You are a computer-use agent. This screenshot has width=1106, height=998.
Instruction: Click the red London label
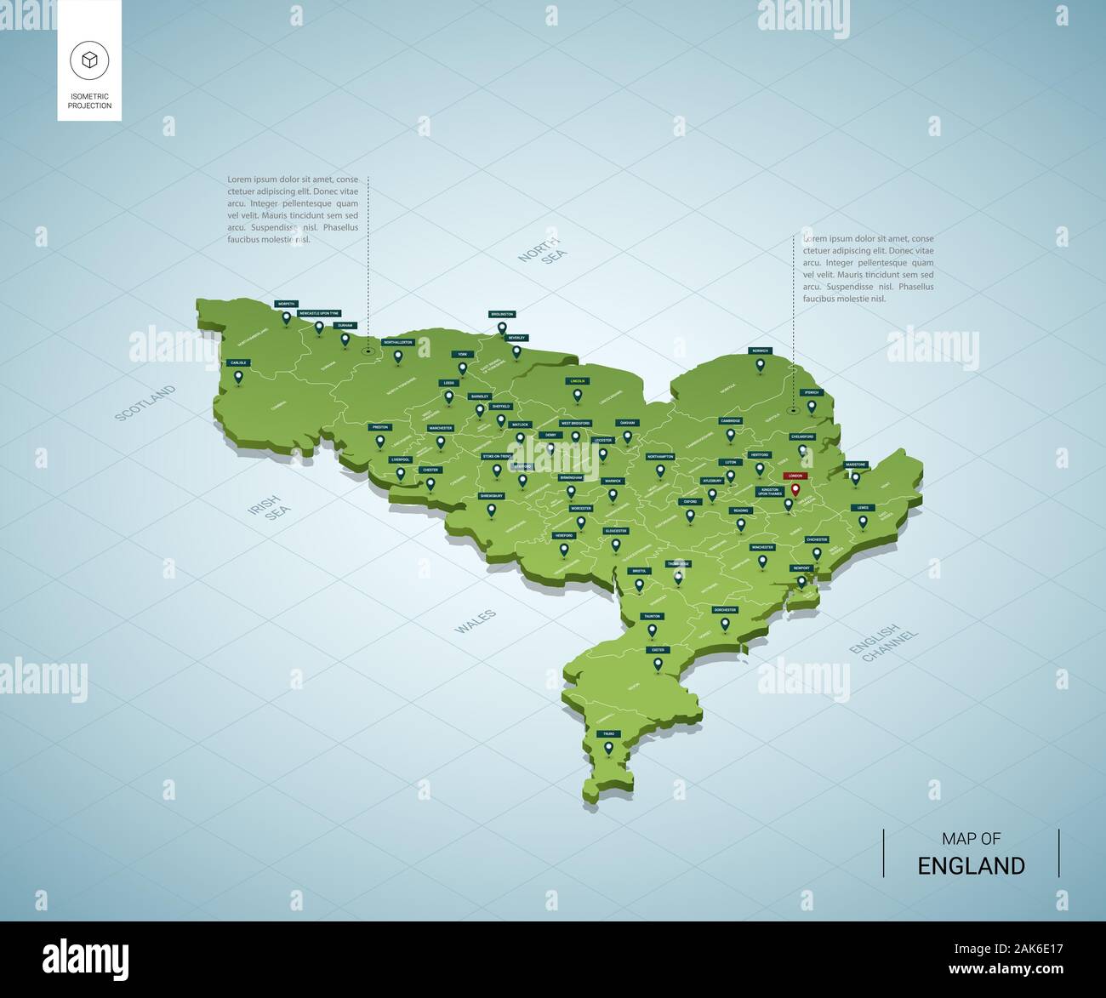[x=795, y=476]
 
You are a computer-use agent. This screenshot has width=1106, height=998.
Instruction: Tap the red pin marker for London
[x=795, y=489]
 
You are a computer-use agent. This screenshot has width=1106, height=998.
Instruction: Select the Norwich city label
[x=760, y=351]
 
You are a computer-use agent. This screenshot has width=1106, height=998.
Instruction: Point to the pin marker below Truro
[x=608, y=748]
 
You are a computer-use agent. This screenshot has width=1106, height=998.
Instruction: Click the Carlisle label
[x=239, y=362]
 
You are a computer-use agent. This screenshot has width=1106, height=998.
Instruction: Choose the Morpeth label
[x=287, y=304]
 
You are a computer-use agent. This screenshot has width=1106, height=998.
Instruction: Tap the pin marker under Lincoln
[x=578, y=394]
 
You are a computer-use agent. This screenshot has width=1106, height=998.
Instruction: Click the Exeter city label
[x=658, y=650]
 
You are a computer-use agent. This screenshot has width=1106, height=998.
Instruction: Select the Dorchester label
[x=725, y=610]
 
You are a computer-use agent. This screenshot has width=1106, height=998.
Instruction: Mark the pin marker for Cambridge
[x=730, y=434]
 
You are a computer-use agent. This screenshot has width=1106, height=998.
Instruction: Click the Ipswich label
[x=812, y=392]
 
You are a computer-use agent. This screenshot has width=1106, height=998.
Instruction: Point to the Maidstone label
[x=856, y=465]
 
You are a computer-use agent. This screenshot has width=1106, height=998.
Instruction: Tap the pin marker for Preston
[x=379, y=440]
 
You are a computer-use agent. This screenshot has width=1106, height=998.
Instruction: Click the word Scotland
[x=145, y=402]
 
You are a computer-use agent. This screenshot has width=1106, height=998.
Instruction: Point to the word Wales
[x=475, y=622]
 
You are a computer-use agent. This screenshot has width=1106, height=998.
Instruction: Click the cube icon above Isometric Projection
[x=89, y=60]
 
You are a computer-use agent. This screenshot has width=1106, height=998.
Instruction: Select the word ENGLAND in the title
[x=971, y=866]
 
